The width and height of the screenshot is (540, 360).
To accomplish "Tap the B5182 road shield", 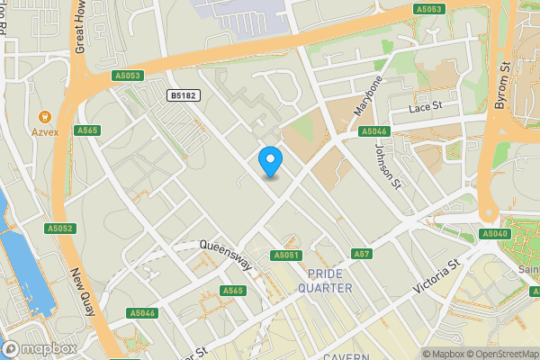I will click(184, 94).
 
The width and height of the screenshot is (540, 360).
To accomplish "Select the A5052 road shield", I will click(61, 229).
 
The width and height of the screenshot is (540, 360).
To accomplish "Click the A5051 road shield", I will click(285, 256).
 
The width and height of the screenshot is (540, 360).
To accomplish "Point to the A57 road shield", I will click(361, 255).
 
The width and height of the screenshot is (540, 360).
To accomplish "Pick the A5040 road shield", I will click(494, 234).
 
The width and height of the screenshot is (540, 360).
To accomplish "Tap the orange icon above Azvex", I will click(43, 118).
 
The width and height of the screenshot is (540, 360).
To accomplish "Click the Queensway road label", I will click(225, 256).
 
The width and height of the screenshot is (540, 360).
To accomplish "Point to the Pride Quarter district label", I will click(329, 280).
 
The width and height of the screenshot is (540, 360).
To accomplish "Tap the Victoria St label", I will click(436, 275).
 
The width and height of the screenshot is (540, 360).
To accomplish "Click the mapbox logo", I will click(40, 348).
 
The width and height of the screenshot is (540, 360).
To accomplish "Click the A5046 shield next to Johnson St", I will click(373, 131).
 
